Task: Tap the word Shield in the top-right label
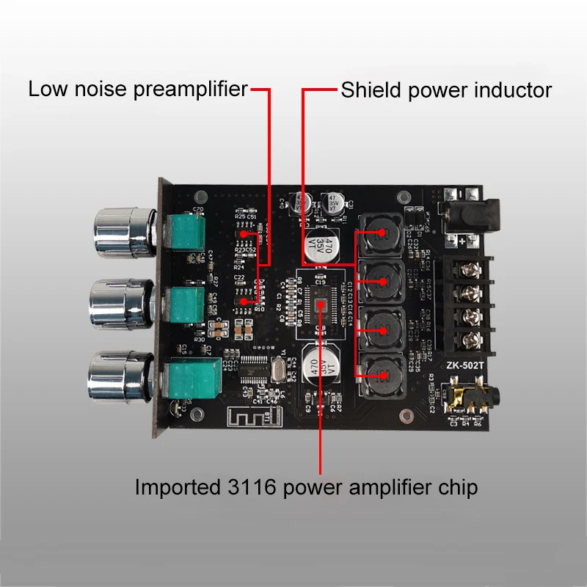click(x=366, y=90)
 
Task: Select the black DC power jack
click(x=469, y=213)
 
